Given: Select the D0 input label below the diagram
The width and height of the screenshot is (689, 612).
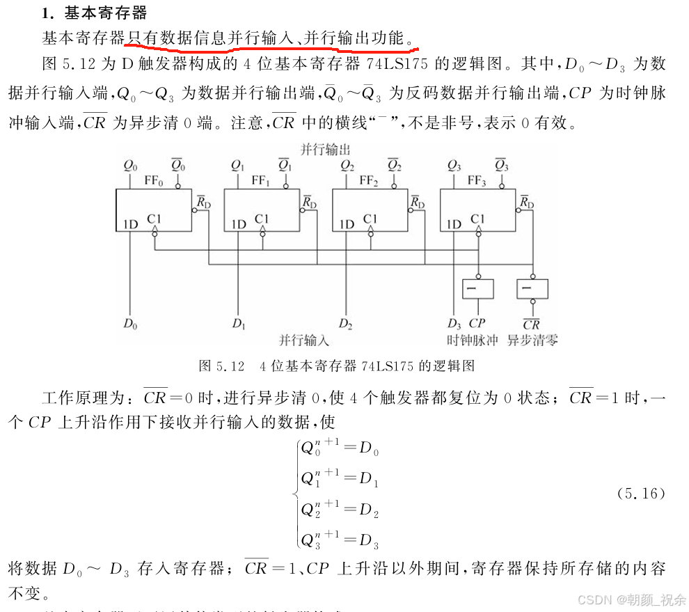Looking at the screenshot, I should (x=130, y=324).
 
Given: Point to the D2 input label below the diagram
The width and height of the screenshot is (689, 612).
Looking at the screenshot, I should (x=346, y=324).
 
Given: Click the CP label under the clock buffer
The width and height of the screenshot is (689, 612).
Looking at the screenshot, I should (x=477, y=324).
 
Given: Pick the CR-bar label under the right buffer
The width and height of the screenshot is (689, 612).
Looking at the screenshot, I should (x=532, y=324).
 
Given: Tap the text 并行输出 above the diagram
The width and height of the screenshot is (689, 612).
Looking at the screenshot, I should (x=325, y=149).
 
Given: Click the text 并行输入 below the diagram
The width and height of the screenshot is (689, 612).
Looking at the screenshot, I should (x=304, y=340).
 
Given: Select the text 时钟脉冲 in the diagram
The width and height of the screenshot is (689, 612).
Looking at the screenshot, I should (x=473, y=340).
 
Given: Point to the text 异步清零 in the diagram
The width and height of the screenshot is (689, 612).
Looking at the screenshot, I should (x=532, y=340).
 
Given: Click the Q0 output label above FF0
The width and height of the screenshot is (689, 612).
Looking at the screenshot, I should (x=130, y=166).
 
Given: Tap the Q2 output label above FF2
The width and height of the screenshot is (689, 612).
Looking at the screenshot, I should (x=347, y=166).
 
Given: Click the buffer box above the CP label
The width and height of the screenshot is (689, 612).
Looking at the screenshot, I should (x=477, y=288).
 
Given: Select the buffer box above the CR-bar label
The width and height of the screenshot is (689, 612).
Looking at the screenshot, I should (x=532, y=288).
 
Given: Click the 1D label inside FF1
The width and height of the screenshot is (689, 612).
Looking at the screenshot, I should (x=239, y=224).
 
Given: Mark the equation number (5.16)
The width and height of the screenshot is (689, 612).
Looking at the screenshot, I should (x=641, y=494).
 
